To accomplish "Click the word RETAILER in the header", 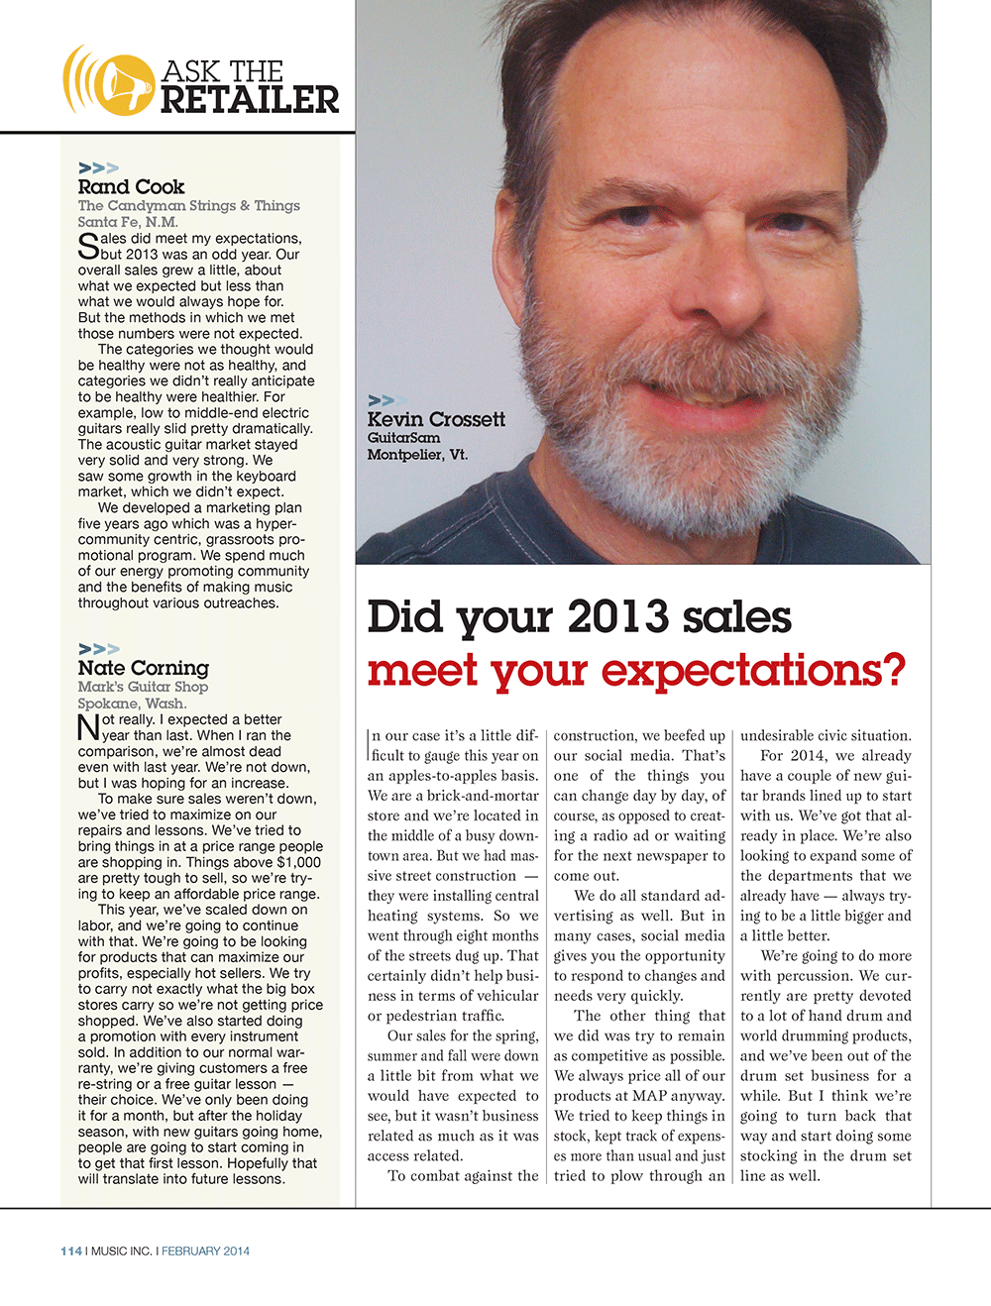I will coord(250,100).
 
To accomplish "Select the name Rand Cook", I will coord(131,186).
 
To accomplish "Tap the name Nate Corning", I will coord(144,668).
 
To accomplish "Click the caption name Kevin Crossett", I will coord(436,419).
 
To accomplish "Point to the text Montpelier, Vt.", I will coord(417,455).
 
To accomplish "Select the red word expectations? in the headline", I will coord(754,670).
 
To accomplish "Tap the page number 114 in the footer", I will coord(71,1251).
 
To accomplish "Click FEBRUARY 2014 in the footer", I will coord(205,1251).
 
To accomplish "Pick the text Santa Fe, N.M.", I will coord(128,222).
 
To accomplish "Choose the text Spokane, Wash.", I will coord(132,703).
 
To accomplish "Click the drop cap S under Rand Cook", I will coord(88,247).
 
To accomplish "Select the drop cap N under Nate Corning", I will coord(88,728).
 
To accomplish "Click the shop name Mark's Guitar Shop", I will coord(143,686).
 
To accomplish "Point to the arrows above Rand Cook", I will coord(98,168).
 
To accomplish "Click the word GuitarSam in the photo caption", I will coord(403,437).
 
